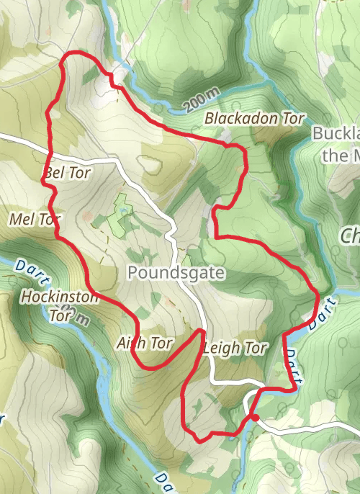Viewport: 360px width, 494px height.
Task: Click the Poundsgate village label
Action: tap(176, 273)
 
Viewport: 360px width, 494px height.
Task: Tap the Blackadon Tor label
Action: tap(254, 118)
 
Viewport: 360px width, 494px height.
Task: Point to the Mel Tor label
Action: tap(34, 218)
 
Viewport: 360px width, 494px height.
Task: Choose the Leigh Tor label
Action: tap(235, 349)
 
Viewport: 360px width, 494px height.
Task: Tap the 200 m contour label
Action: tap(200, 102)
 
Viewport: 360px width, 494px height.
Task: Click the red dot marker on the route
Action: tap(254, 416)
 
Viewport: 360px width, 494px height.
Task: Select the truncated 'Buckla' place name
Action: tap(336, 134)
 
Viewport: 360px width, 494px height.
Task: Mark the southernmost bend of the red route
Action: tap(199, 437)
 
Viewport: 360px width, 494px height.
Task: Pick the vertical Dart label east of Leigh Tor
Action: tap(291, 364)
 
